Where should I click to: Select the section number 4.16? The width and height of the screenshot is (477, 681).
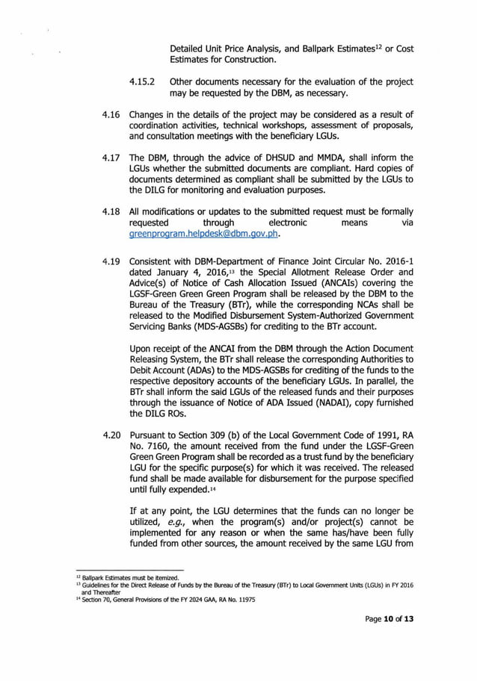[110, 114]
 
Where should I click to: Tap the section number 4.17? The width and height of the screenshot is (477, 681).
[110, 158]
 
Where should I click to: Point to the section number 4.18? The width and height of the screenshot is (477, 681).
[110, 211]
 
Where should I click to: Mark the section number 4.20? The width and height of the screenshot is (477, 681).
[110, 434]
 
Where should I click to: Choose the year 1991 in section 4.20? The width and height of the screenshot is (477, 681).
[369, 434]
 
